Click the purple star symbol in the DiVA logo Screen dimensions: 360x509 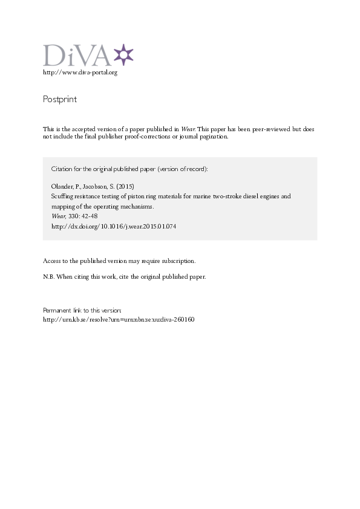[123, 54]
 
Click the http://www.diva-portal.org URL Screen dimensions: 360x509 [80, 73]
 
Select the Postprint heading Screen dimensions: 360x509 [60, 99]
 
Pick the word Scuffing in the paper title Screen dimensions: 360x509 [61, 196]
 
